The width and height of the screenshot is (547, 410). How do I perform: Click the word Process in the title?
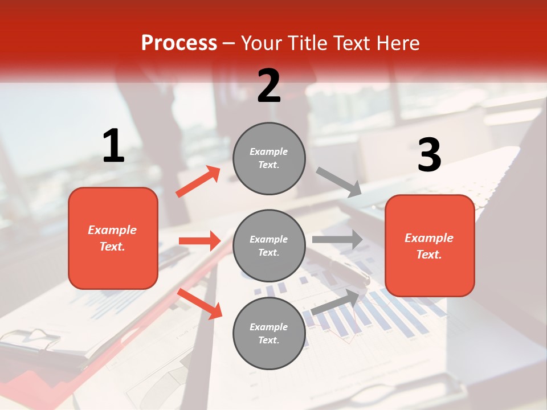tap(179, 43)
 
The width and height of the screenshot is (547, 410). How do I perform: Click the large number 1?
tap(113, 146)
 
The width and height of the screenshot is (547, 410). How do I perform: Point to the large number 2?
tap(269, 85)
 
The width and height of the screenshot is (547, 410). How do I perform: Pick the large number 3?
tap(429, 155)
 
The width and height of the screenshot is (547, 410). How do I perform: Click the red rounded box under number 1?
tap(113, 238)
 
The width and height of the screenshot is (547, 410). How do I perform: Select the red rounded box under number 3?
tap(430, 246)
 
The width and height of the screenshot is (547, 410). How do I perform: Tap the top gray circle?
tap(269, 158)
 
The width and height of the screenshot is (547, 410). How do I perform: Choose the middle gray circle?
tap(269, 246)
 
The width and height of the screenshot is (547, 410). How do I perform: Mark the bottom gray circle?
tap(269, 334)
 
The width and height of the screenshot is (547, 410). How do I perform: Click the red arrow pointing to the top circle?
tap(198, 182)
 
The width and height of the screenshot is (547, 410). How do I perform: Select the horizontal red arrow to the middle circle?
tap(199, 241)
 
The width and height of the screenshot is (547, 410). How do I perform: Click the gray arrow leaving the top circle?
tap(339, 182)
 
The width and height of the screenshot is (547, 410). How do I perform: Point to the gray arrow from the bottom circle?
tap(336, 301)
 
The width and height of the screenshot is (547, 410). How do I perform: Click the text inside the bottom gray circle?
tap(269, 334)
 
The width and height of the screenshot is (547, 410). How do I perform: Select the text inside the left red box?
tap(113, 238)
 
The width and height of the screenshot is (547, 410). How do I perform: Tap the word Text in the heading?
tap(353, 43)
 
